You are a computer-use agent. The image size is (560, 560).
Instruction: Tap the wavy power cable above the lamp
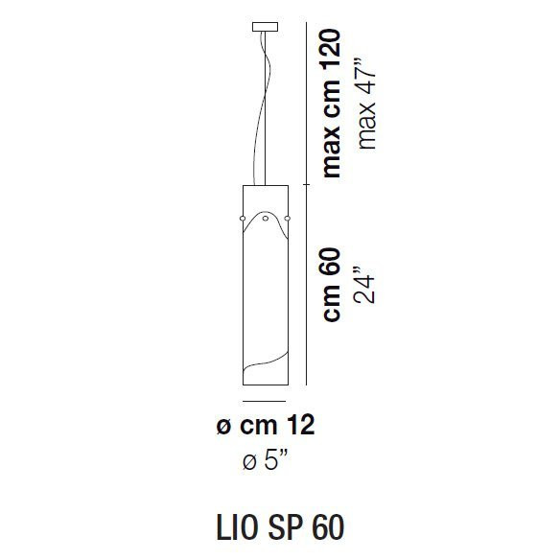tap(260, 105)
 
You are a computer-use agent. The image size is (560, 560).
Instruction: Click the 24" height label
tap(364, 284)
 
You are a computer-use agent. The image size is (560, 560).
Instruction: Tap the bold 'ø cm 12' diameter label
tap(266, 426)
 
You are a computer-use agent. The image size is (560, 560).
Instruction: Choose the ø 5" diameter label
tap(266, 462)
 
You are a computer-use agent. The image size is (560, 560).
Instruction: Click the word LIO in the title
tap(232, 528)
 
